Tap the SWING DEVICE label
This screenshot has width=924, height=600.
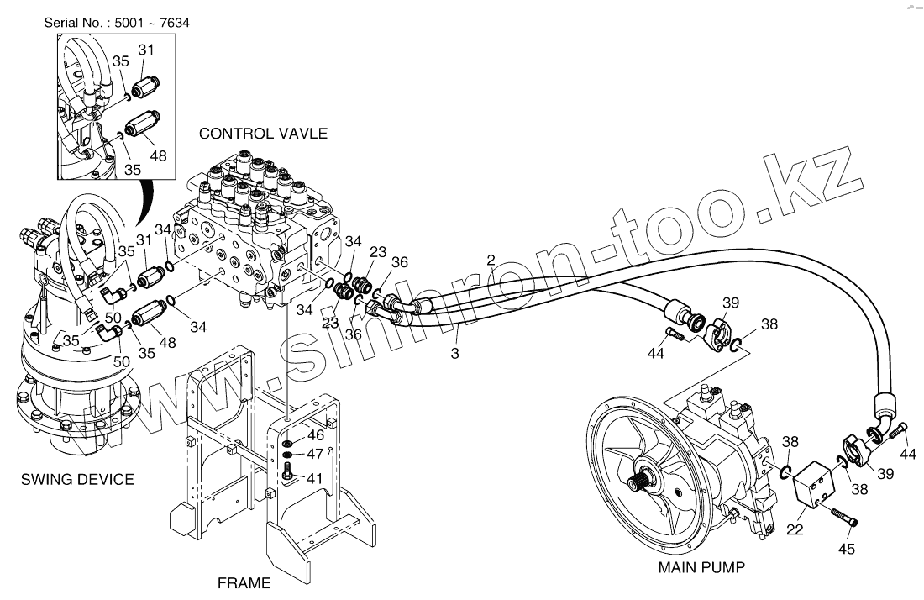click(77, 480)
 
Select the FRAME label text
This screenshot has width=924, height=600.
click(244, 582)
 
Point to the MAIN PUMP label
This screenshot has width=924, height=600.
click(701, 567)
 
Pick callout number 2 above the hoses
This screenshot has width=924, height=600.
click(491, 259)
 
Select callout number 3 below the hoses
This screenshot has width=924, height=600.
click(454, 354)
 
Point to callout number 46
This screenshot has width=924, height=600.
click(315, 435)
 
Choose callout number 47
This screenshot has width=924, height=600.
click(315, 455)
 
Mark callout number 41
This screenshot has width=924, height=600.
click(315, 478)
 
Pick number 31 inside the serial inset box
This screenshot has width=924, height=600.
click(146, 50)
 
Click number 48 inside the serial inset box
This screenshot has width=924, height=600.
click(158, 156)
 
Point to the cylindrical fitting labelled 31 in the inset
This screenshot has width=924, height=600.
click(145, 83)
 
